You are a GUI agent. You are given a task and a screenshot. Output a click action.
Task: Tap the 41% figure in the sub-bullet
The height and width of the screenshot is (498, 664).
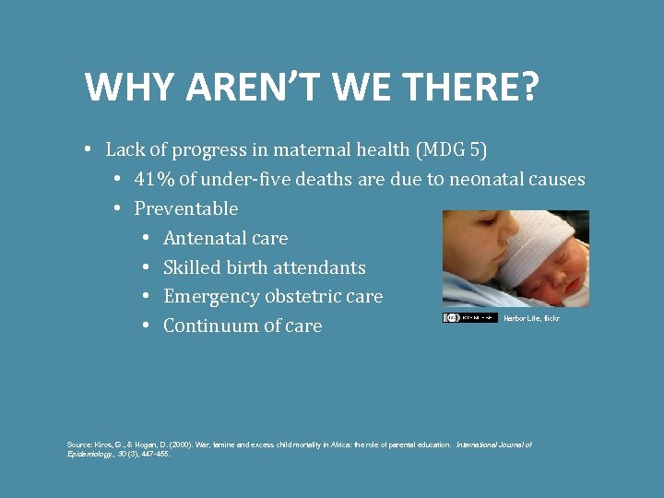coord(154,179)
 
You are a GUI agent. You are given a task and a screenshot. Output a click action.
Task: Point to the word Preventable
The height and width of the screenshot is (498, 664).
coord(186,208)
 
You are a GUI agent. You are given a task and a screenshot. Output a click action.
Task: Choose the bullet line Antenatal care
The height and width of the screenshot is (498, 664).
coord(225,238)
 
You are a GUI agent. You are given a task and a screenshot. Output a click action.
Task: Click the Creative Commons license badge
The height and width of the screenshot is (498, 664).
coord(469,317)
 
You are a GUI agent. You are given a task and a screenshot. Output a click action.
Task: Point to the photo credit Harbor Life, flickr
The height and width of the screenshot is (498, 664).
coord(531,318)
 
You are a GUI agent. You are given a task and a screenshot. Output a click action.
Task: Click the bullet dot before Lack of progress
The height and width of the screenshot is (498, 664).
coord(85,149)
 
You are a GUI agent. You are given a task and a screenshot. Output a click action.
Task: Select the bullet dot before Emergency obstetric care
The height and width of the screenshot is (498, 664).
coord(147,297)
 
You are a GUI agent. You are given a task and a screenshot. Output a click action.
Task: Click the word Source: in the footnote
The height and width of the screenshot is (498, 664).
coord(80,445)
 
